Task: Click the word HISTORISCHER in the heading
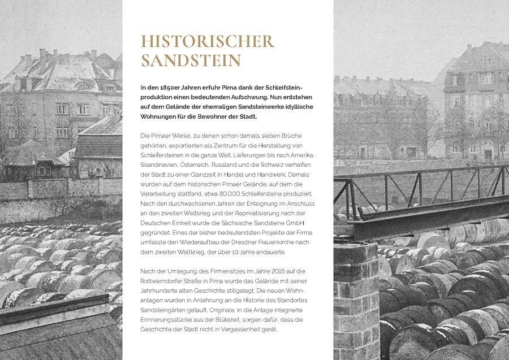click(207, 41)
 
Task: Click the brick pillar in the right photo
click(355, 300)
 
